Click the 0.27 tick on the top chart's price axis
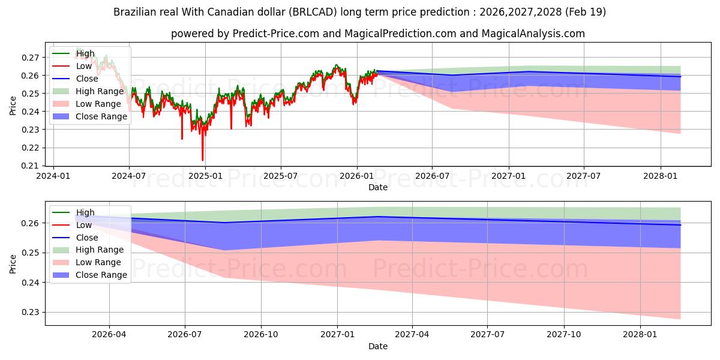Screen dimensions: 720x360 click(x=30, y=58)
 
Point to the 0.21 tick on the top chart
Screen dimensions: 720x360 click(x=30, y=166)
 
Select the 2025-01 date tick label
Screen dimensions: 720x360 click(x=205, y=176)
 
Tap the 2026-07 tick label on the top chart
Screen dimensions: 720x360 click(x=433, y=176)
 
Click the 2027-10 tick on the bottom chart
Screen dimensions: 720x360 click(x=564, y=335)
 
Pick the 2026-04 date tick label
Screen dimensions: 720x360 click(x=109, y=335)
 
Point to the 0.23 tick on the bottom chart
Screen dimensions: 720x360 click(x=30, y=313)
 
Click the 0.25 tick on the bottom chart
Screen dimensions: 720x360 click(x=30, y=253)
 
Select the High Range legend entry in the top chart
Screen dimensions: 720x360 click(x=88, y=91)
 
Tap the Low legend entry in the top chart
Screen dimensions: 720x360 click(x=72, y=66)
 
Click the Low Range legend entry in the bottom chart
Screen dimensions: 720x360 click(x=86, y=263)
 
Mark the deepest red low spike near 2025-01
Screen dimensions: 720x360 click(x=203, y=160)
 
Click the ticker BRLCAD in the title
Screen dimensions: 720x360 click(x=313, y=12)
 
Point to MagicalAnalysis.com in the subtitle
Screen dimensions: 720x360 click(x=533, y=34)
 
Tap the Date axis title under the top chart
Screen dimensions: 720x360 click(x=378, y=187)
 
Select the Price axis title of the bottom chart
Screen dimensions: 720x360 click(x=13, y=264)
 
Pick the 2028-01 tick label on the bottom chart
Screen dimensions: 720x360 click(x=640, y=335)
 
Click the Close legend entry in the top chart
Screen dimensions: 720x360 click(x=75, y=79)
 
